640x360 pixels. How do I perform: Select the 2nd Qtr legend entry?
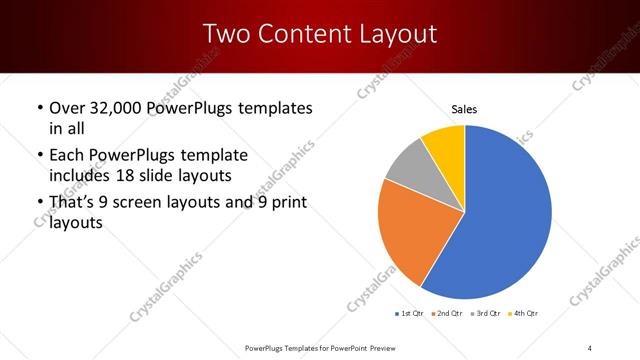pyautogui.click(x=447, y=314)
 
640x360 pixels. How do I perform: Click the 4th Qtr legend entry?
pyautogui.click(x=525, y=314)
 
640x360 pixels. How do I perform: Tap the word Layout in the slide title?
pyautogui.click(x=393, y=34)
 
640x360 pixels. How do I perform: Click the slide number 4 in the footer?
pyautogui.click(x=590, y=347)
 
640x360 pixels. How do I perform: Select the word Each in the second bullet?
pyautogui.click(x=68, y=155)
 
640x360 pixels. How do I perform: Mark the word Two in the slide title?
pyautogui.click(x=225, y=34)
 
